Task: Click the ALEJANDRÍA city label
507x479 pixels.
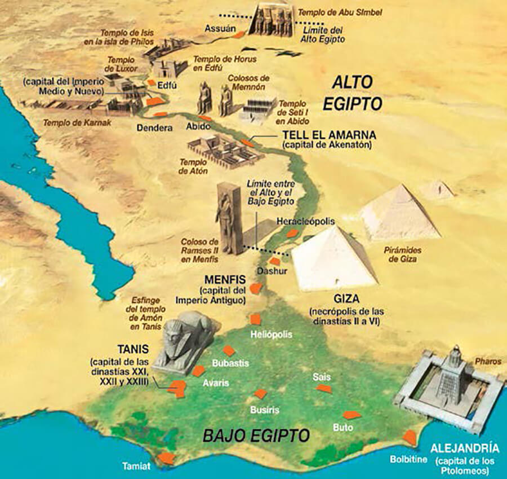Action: coord(464,449)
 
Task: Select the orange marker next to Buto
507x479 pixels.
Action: coord(352,415)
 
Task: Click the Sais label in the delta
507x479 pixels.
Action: coord(323,376)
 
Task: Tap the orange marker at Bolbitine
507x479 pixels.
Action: coord(410,438)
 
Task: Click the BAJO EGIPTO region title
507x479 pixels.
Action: coord(256,436)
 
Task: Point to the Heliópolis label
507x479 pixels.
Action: coord(272,335)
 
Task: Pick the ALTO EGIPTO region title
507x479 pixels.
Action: coord(353,93)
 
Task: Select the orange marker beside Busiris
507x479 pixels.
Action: coord(260,394)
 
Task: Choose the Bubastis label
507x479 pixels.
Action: coord(231,363)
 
